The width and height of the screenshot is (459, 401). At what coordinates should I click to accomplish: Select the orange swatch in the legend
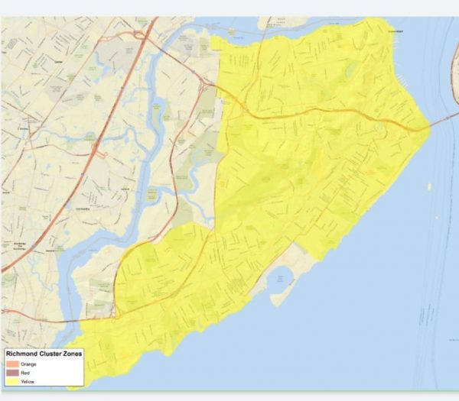[x=11, y=364]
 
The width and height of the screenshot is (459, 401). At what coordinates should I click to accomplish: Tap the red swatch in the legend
[x=11, y=372]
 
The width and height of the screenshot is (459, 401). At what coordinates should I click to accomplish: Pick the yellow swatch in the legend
[x=11, y=380]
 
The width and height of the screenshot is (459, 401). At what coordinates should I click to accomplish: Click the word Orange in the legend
[x=28, y=364]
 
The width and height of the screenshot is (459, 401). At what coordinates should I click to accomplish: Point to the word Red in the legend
[x=24, y=372]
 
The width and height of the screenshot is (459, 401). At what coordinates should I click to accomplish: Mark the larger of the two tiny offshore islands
[x=429, y=186]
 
